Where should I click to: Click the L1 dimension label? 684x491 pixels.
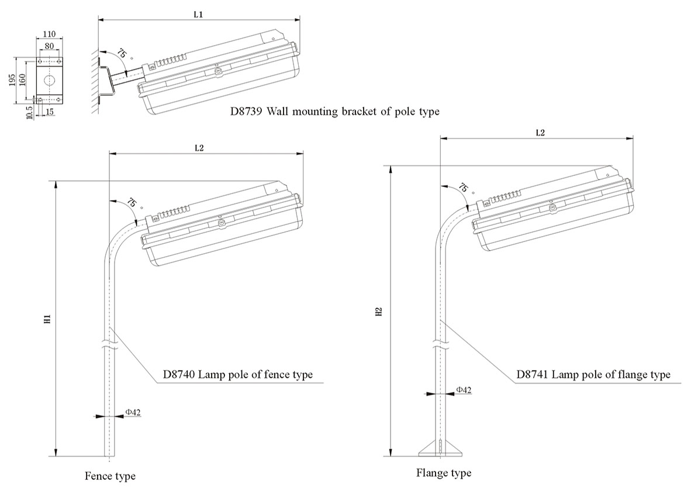tap(198, 14)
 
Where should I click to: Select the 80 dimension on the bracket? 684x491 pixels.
tap(49, 46)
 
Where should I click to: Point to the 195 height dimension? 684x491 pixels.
tap(13, 80)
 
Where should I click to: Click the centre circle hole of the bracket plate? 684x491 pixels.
tap(49, 79)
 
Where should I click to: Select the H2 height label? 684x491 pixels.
tap(379, 312)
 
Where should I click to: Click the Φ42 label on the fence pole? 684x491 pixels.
tap(133, 412)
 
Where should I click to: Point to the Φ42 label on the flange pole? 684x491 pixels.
tap(463, 389)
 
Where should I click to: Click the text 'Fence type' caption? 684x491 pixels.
tap(110, 476)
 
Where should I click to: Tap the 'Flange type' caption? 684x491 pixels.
tap(444, 472)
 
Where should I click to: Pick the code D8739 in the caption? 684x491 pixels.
tap(247, 111)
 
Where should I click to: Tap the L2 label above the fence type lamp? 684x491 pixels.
tap(199, 148)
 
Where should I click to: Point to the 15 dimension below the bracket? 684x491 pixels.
tap(49, 111)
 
